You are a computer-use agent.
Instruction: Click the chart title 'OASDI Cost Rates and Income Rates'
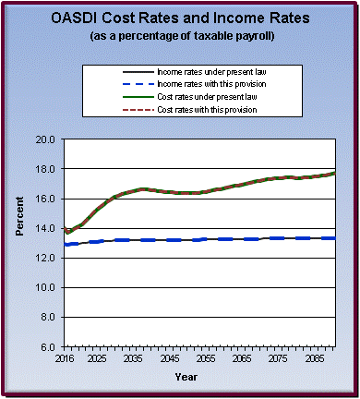(x=180, y=19)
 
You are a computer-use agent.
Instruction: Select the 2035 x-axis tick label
(x=132, y=358)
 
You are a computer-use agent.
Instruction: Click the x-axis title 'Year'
(x=186, y=377)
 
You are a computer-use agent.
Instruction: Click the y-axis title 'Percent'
(x=19, y=242)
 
